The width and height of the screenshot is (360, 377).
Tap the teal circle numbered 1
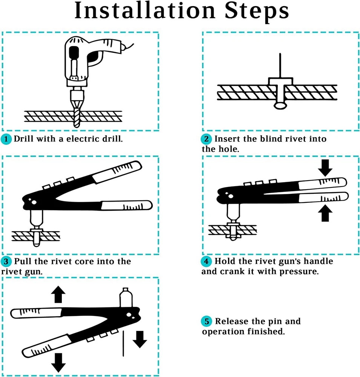pyautogui.click(x=6, y=139)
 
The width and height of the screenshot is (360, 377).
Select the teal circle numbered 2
pyautogui.click(x=206, y=139)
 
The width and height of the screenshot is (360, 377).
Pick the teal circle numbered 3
pyautogui.click(x=6, y=262)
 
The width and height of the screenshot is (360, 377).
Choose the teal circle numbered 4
pyautogui.click(x=206, y=261)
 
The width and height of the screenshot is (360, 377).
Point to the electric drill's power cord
pyautogui.click(x=129, y=47)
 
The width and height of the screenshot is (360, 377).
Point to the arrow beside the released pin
pyautogui.click(x=140, y=338)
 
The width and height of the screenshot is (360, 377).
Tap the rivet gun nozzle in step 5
pyautogui.click(x=126, y=297)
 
